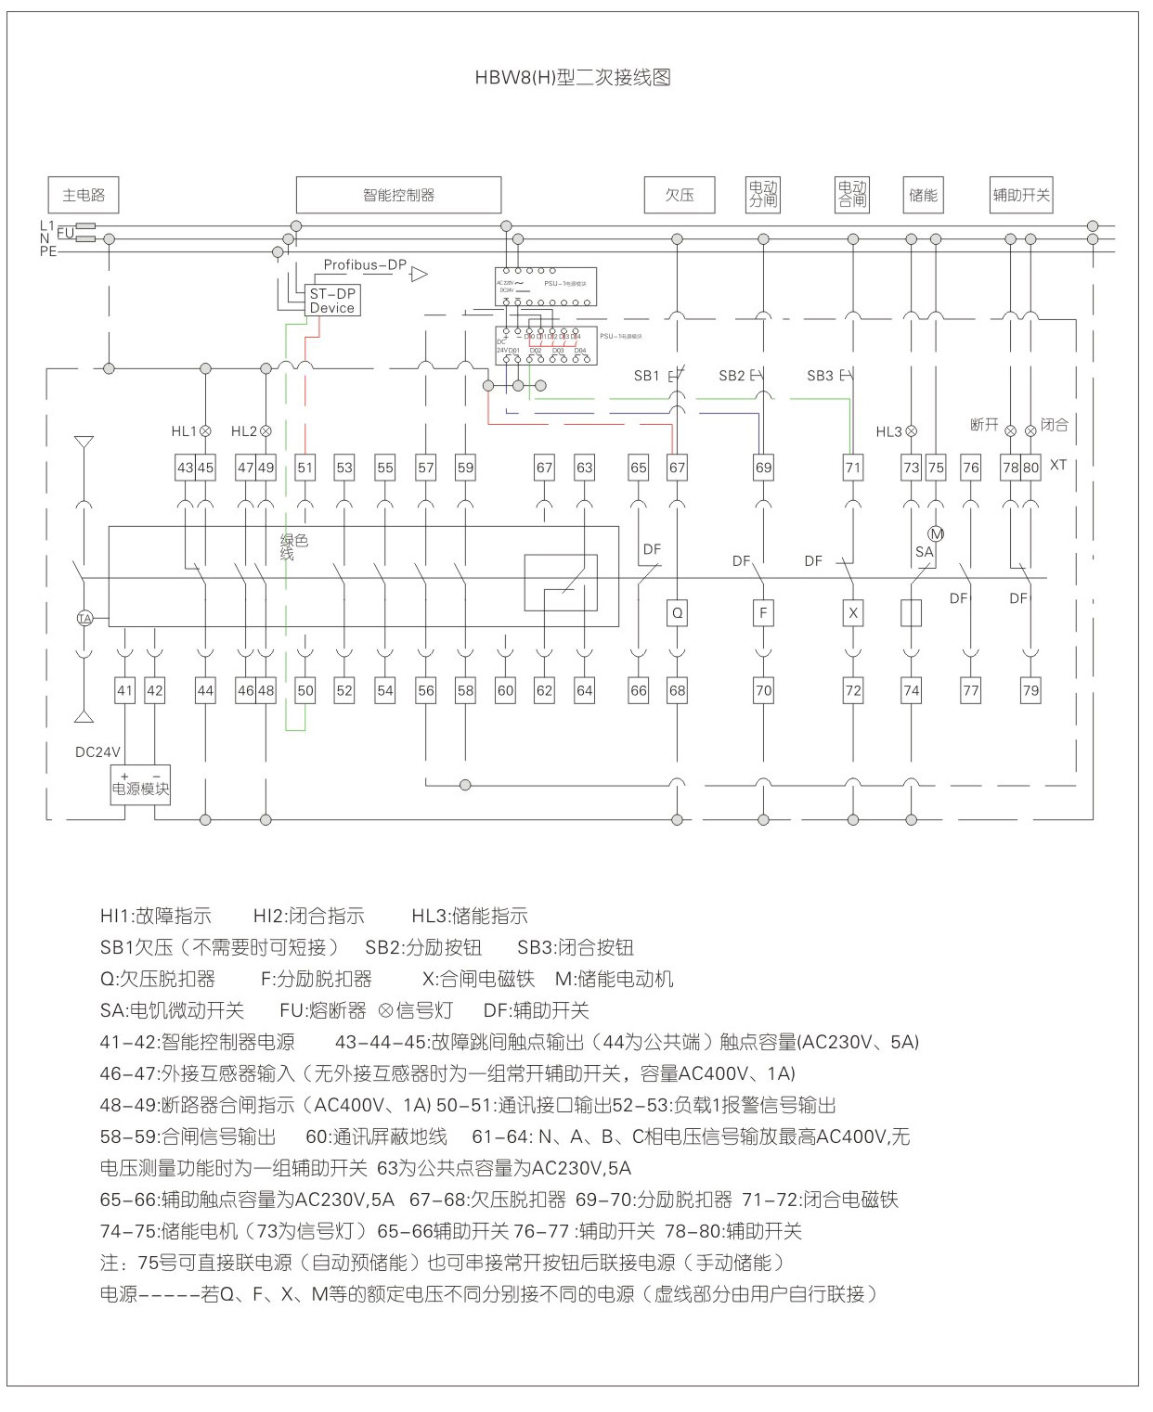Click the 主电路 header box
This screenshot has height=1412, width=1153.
point(84,195)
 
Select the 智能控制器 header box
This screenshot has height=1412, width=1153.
point(398,195)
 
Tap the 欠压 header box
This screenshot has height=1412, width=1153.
point(680,195)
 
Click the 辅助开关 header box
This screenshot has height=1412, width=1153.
point(1021,195)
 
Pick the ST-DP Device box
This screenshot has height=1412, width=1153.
point(332,301)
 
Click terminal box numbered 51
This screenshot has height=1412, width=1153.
point(305,468)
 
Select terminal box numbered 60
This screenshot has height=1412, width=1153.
point(505,690)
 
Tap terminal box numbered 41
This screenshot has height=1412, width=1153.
point(125,690)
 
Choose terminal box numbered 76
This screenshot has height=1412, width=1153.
point(970,468)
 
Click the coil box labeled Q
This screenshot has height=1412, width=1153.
point(678,612)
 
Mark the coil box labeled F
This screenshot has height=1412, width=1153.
point(762,612)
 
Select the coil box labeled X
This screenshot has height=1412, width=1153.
point(853,612)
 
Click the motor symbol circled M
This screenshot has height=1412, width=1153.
point(936,533)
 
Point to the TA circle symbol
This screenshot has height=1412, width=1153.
point(84,618)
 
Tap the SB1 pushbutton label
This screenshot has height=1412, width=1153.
point(646,376)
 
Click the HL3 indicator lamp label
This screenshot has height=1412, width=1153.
point(888,431)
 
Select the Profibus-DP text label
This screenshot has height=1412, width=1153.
point(365,265)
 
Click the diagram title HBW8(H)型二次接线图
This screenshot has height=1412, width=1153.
point(573,78)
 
